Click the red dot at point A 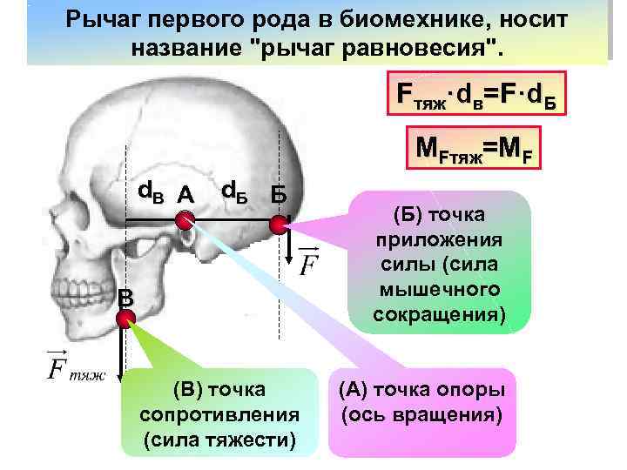pos(184,222)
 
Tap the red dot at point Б pos(278,225)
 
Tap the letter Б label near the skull pos(280,193)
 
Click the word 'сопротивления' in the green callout pos(219,411)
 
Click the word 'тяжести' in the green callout pos(245,435)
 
